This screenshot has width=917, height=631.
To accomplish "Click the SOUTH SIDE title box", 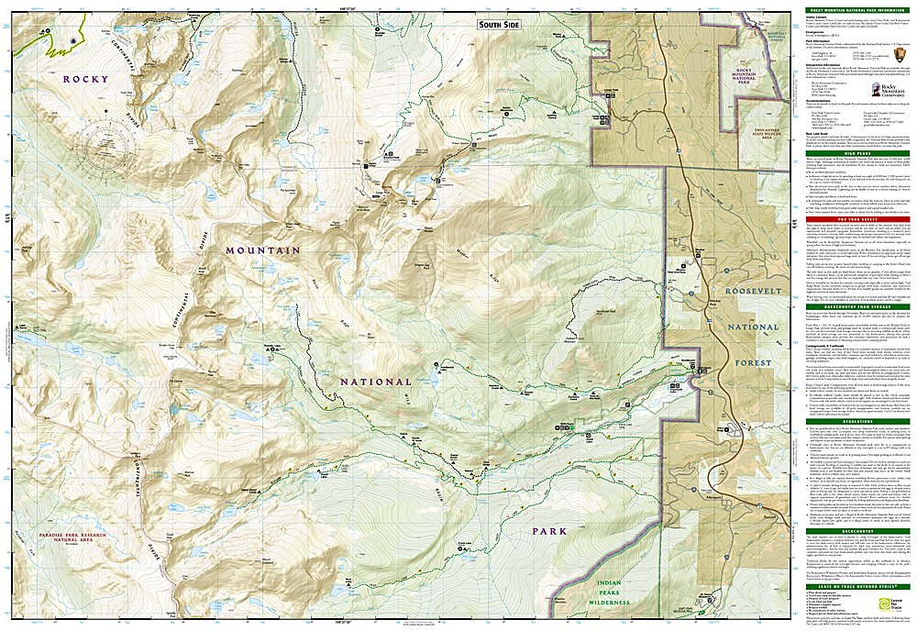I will (499, 25).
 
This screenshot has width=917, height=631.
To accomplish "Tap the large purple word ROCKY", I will (85, 80).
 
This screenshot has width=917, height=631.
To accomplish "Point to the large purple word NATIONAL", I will (375, 382).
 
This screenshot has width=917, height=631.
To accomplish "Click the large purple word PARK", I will (550, 530).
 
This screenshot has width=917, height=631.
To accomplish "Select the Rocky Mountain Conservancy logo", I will (886, 89).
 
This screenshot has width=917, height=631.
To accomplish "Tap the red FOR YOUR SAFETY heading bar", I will (852, 218).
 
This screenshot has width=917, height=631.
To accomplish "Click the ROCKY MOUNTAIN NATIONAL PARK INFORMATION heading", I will (852, 8).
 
